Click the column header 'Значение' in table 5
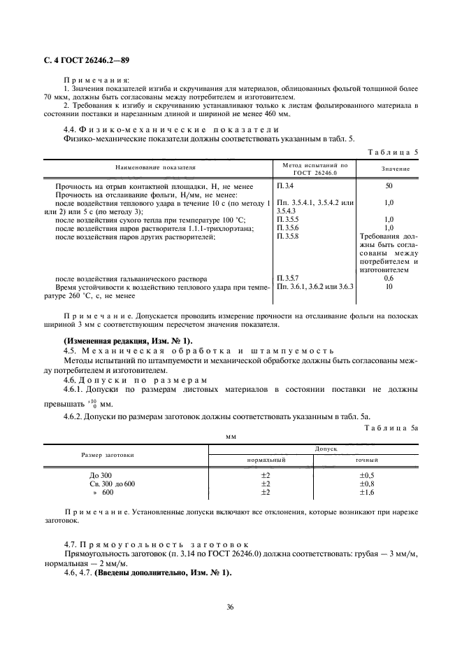pyautogui.click(x=395, y=169)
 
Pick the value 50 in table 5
pyautogui.click(x=389, y=185)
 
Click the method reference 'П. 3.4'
pyautogui.click(x=285, y=185)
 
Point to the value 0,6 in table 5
pyautogui.click(x=389, y=278)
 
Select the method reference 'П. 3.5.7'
pyautogui.click(x=290, y=278)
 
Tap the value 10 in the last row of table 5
pyautogui.click(x=389, y=287)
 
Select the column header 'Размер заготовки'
pyautogui.click(x=108, y=454)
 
